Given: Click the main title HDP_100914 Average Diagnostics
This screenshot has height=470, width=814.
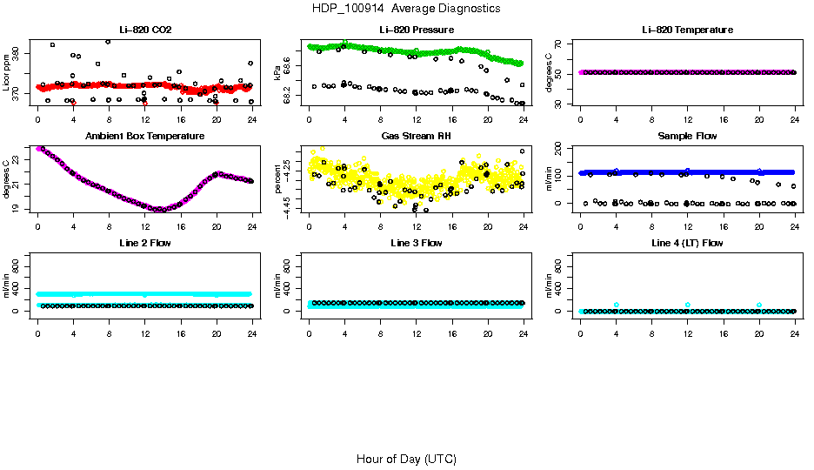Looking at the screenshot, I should click(406, 9).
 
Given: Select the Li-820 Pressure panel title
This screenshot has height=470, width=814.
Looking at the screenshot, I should click(416, 30).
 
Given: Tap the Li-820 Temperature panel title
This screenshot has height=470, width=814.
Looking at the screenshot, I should click(687, 30).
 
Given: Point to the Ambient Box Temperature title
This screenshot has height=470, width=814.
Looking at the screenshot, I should click(144, 137).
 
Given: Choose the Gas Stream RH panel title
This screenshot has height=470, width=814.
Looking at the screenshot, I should click(416, 137).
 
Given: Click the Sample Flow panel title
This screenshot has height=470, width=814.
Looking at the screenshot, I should click(687, 137).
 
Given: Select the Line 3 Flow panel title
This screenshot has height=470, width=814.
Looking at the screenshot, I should click(416, 244).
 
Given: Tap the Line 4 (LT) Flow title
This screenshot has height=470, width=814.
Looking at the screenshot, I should click(687, 244).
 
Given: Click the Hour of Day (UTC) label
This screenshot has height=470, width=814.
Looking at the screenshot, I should click(406, 459).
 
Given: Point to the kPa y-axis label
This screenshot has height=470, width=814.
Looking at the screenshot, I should click(277, 73).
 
